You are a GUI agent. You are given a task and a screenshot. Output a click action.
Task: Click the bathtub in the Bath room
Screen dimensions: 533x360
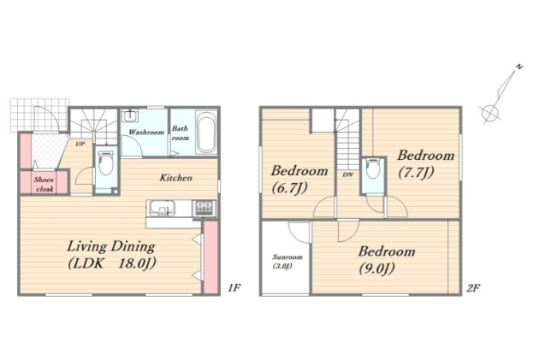pyautogui.click(x=206, y=132)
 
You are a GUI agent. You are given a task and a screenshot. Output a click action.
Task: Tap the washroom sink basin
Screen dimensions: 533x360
pyautogui.click(x=129, y=115)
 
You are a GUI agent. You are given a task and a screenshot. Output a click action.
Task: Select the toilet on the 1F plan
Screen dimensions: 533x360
pyautogui.click(x=106, y=163)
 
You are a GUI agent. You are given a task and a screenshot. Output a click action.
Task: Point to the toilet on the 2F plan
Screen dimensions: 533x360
pyautogui.click(x=373, y=168)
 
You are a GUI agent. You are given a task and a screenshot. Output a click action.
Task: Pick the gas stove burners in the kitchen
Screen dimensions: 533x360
pyautogui.click(x=204, y=208)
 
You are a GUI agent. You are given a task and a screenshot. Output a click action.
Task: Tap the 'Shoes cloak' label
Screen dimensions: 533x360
pyautogui.click(x=44, y=185)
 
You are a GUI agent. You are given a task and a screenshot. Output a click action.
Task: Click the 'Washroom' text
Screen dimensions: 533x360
pyautogui.click(x=146, y=132)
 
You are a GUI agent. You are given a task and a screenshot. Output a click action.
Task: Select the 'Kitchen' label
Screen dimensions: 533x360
pyautogui.click(x=176, y=178)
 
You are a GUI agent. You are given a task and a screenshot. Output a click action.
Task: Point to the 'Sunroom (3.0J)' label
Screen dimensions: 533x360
pyautogui.click(x=287, y=262)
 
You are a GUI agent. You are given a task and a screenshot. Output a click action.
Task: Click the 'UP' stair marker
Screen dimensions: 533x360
pyautogui.click(x=80, y=144)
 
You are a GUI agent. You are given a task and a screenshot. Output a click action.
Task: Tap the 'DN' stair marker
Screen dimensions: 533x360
pyautogui.click(x=347, y=174)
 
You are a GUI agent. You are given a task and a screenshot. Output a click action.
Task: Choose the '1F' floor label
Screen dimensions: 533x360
pyautogui.click(x=234, y=288)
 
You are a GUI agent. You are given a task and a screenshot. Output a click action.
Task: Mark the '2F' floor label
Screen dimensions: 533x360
pyautogui.click(x=473, y=288)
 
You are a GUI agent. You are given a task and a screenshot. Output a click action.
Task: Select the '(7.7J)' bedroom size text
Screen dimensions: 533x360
pyautogui.click(x=416, y=173)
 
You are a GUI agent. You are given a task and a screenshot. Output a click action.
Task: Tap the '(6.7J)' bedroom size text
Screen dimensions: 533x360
pyautogui.click(x=290, y=187)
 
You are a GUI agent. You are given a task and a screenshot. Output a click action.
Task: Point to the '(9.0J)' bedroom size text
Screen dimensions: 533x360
pyautogui.click(x=377, y=269)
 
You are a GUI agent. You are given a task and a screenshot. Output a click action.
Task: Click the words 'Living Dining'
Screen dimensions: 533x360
pyautogui.click(x=111, y=246)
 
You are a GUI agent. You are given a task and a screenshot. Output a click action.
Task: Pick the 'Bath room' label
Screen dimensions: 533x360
pyautogui.click(x=181, y=133)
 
